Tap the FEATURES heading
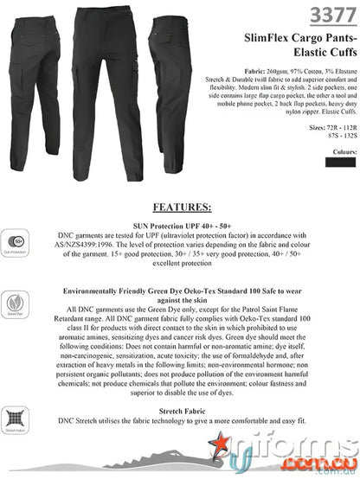[x=181, y=208]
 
